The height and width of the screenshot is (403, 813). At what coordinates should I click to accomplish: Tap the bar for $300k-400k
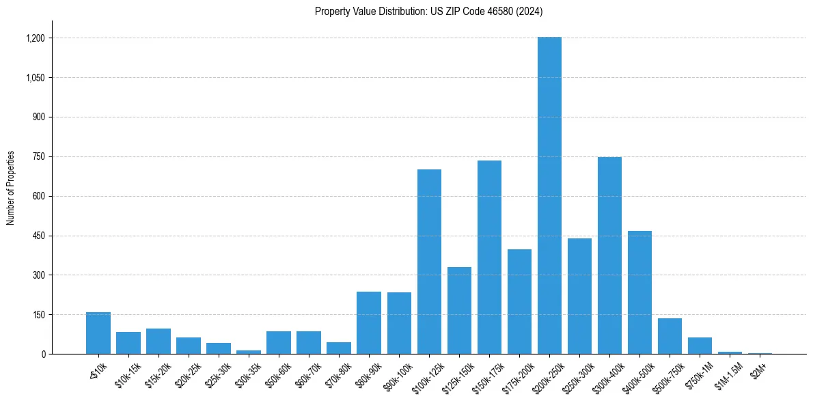click(609, 255)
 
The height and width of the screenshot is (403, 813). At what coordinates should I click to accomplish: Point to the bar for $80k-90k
click(369, 322)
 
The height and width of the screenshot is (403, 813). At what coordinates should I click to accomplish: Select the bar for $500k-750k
click(670, 336)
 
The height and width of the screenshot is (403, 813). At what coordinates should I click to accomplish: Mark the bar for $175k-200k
click(519, 301)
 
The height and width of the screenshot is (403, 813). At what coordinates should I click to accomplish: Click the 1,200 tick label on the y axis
click(36, 38)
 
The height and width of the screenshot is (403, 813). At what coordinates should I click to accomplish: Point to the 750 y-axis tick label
click(39, 157)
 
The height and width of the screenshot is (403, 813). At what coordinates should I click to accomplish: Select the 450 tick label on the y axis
click(39, 236)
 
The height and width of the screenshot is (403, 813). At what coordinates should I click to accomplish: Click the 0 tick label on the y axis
click(43, 355)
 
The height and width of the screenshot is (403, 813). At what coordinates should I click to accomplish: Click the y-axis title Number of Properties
click(10, 188)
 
